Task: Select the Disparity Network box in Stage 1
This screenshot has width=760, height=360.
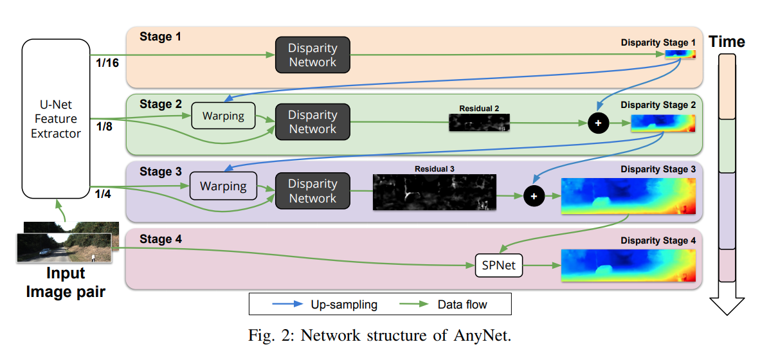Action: (312, 55)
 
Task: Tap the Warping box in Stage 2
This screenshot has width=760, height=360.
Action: (223, 116)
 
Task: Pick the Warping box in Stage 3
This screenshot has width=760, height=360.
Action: (222, 186)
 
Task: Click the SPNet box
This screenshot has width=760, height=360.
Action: (498, 265)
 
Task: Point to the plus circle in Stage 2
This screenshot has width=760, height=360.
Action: (599, 123)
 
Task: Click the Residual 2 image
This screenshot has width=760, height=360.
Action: (479, 123)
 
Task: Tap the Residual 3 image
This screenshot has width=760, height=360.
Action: (435, 192)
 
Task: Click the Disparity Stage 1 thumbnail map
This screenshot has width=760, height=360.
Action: (680, 55)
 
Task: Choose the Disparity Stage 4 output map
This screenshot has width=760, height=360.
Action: (628, 265)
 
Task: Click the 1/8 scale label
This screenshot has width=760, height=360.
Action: (104, 127)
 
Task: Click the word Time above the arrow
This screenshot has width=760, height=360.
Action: (727, 42)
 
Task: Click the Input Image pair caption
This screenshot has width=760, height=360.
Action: (65, 282)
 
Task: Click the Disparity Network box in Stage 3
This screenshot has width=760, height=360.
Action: (312, 191)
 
